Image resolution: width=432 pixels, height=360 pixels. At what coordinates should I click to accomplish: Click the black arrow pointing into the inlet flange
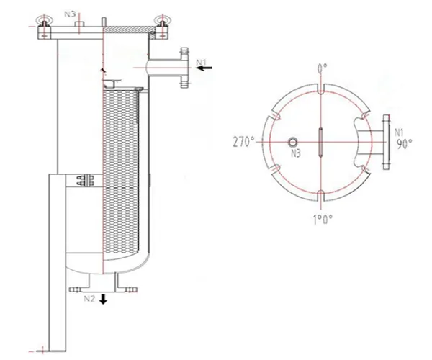pyautogui.click(x=205, y=68)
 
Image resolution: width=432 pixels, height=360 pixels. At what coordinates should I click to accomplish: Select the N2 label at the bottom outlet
pyautogui.click(x=89, y=297)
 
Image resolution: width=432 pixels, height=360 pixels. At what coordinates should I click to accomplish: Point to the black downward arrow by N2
pyautogui.click(x=104, y=299)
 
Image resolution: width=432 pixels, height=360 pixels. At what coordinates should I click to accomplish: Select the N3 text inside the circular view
pyautogui.click(x=295, y=153)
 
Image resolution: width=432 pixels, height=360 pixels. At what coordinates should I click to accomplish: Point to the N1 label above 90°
pyautogui.click(x=399, y=132)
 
